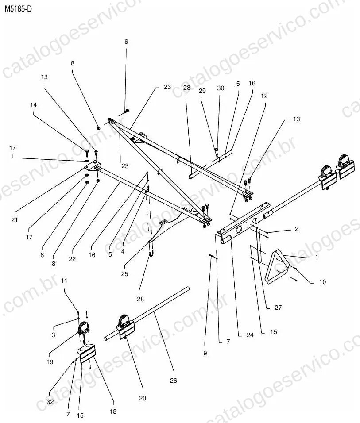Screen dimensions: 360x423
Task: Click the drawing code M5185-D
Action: [x=18, y=9]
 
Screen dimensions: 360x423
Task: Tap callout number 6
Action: [x=126, y=42]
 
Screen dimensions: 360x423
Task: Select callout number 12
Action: [x=264, y=96]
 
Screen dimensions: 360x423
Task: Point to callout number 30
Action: [x=221, y=88]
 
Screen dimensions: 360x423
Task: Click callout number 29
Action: [x=202, y=91]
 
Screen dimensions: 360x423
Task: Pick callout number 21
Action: [x=14, y=220]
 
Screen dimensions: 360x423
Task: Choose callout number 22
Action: [x=72, y=259]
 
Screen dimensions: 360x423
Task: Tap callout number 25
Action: [x=124, y=274]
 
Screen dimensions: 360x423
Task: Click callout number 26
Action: [x=174, y=381]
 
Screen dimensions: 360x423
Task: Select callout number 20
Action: [x=143, y=398]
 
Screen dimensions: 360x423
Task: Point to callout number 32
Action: [x=50, y=402]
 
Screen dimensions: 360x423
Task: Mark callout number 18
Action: [x=113, y=411]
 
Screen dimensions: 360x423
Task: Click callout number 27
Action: [x=278, y=307]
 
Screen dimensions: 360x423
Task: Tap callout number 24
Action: [x=250, y=335]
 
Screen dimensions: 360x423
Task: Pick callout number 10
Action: [x=322, y=282]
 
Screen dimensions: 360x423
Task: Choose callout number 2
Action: [x=297, y=229]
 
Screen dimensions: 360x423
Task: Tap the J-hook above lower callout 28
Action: [x=151, y=254]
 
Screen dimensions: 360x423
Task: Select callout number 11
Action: [x=64, y=281]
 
